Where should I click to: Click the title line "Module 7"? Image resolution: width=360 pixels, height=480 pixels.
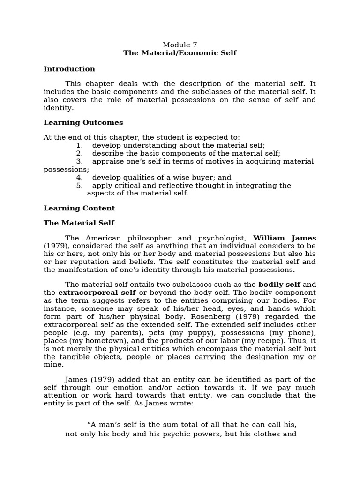180,45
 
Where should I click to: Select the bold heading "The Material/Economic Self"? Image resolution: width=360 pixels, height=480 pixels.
180,53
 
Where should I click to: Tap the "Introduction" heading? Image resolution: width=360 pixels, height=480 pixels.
69,69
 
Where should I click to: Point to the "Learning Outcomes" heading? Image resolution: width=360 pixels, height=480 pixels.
83,123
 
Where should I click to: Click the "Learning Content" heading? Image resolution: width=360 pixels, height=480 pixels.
79,208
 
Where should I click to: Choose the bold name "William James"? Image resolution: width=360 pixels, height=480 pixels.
285,238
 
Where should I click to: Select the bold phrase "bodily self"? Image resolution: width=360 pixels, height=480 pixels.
279,285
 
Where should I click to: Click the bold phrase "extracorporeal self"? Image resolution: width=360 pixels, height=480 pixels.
97,292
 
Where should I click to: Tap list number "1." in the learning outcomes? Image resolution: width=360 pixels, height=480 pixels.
79,146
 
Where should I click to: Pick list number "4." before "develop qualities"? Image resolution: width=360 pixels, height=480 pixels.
79,178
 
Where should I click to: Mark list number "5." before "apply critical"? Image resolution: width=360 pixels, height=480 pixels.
79,186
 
